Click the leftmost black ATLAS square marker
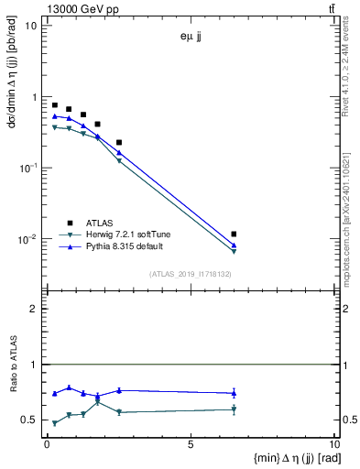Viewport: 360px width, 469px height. click(55, 105)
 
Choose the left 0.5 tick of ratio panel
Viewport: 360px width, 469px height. click(32, 420)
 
